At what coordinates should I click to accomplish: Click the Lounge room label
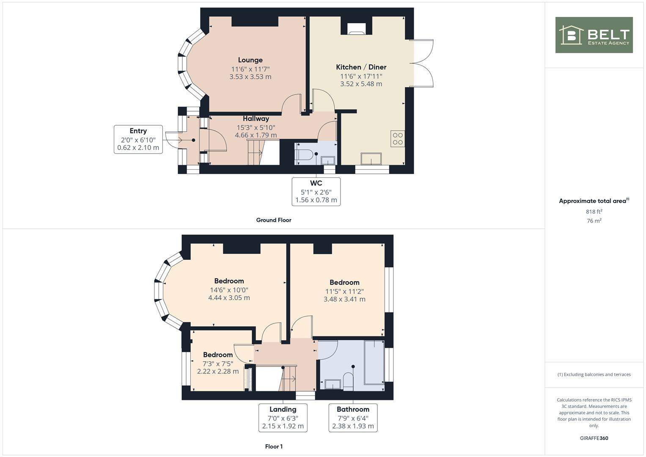tap(250, 60)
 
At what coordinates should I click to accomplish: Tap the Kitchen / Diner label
tap(361, 67)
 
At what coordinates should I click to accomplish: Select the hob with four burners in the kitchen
tap(398, 139)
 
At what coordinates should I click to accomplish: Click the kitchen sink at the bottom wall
tap(371, 159)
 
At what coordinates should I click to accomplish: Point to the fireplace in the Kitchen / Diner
tap(356, 28)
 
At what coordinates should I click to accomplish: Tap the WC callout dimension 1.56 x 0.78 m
tap(316, 200)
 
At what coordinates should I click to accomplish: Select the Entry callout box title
tap(138, 131)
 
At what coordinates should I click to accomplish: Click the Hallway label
tap(256, 118)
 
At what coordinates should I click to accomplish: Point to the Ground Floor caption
tap(274, 220)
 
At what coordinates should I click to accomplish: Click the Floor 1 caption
tap(274, 446)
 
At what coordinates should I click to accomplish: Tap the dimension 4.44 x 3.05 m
tap(229, 298)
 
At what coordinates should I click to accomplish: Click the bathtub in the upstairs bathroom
tap(374, 362)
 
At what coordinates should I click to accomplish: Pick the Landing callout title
tap(283, 409)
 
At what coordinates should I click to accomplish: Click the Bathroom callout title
tap(353, 409)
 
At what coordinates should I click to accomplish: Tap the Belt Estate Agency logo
tap(594, 35)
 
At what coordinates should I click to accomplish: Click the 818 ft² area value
tap(594, 212)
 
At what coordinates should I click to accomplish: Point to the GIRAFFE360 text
tap(594, 438)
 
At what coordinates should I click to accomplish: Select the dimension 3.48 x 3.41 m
tap(344, 299)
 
